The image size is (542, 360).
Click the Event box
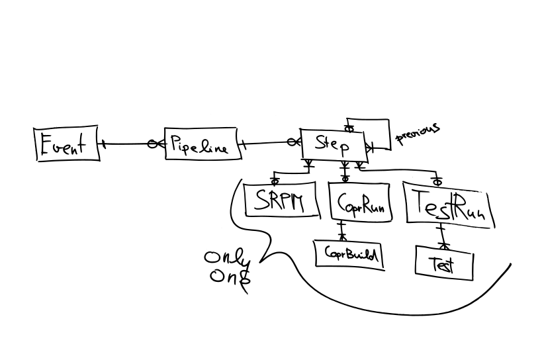[66, 144]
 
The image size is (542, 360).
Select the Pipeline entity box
[200, 144]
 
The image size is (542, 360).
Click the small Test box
[444, 263]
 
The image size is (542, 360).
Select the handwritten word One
[228, 276]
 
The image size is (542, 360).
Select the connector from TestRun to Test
[441, 236]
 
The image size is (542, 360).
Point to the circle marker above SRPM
[275, 179]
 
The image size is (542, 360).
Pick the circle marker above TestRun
[437, 180]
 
